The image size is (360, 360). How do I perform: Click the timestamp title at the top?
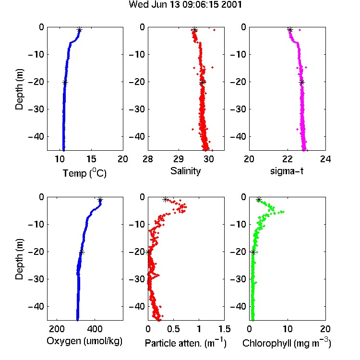coord(185,5)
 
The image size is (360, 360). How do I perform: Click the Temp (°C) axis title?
coord(84,173)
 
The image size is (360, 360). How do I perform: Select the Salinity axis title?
coord(185,171)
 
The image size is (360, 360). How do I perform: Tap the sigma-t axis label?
coord(287,171)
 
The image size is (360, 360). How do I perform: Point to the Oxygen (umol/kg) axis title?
coord(84,341)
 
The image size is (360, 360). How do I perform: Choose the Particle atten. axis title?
coord(185,343)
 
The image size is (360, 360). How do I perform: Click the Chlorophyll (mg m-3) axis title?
coord(287,343)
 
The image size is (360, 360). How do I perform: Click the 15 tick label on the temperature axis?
coord(91,159)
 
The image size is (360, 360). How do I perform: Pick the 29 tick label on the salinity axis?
coord(179,159)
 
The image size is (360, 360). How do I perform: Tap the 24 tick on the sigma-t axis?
coord(325,159)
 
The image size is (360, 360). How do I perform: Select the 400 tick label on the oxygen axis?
coord(95,329)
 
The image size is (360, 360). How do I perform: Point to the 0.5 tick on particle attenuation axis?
coord(173,329)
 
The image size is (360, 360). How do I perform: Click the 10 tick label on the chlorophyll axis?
coord(288,329)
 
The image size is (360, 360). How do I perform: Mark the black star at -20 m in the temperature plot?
coord(65,83)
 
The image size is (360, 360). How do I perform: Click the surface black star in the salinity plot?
coord(195,30)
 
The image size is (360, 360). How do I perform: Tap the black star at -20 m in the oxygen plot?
coord(82,252)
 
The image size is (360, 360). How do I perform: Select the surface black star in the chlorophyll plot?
coord(259,200)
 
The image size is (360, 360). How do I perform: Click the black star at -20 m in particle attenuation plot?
coord(148,252)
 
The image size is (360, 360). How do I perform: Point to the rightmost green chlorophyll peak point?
coord(284,212)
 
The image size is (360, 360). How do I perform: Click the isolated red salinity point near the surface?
coord(215,30)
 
